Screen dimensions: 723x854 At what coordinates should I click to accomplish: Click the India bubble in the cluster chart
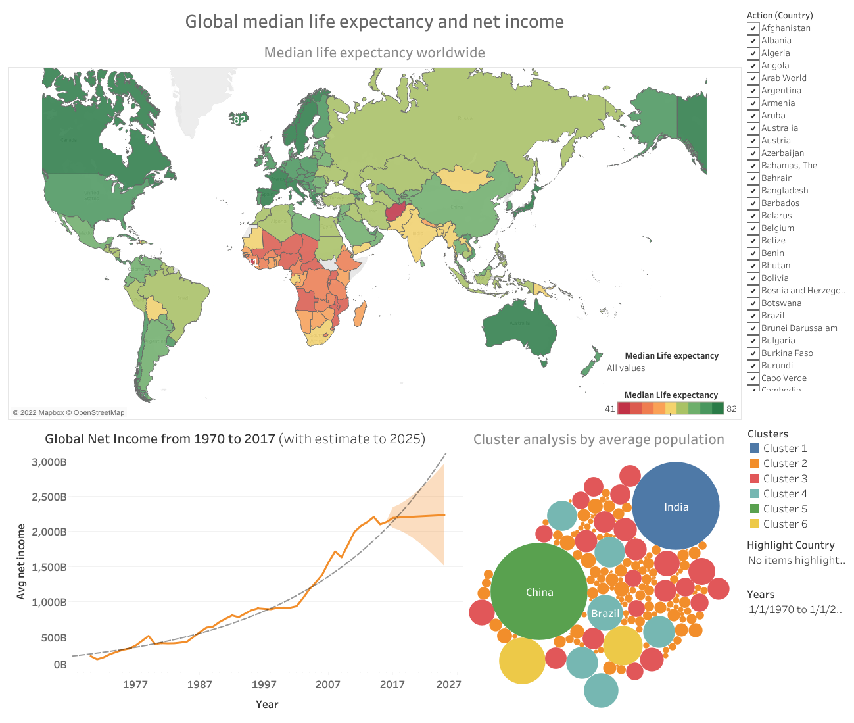[x=675, y=506]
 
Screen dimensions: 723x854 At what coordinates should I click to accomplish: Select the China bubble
[x=539, y=591]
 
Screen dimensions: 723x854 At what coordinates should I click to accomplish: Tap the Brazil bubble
[x=605, y=613]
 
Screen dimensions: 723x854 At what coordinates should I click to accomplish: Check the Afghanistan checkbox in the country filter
[x=753, y=28]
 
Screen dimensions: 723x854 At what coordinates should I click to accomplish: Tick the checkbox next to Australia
[x=753, y=128]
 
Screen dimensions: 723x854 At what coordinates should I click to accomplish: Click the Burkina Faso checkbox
[x=753, y=353]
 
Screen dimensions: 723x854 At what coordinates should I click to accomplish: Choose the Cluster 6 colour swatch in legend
[x=755, y=524]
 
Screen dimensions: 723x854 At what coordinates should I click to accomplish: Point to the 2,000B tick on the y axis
[x=49, y=532]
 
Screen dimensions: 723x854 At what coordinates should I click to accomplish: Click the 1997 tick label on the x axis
[x=264, y=684]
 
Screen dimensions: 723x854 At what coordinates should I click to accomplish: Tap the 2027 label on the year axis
[x=449, y=684]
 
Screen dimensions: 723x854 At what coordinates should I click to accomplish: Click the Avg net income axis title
[x=21, y=561]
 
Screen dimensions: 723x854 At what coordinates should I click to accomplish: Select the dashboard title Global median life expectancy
[x=374, y=22]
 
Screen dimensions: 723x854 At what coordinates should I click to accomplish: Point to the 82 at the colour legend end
[x=731, y=409]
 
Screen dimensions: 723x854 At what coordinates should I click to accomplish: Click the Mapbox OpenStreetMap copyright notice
[x=68, y=412]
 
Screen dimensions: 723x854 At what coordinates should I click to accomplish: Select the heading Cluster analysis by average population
[x=598, y=439]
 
